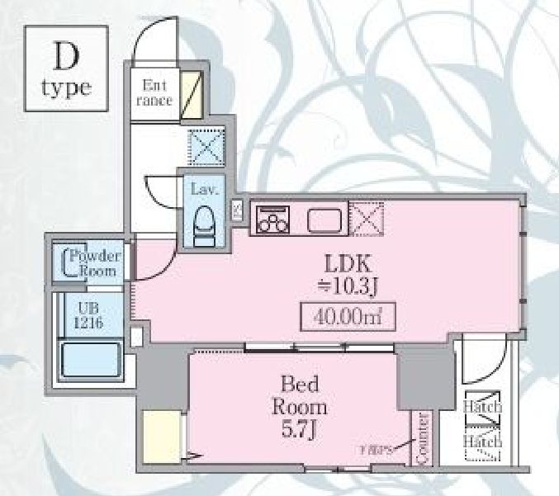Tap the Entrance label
click(x=155, y=92)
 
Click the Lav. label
click(x=203, y=190)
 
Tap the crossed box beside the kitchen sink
click(x=367, y=218)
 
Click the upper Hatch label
click(x=482, y=407)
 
